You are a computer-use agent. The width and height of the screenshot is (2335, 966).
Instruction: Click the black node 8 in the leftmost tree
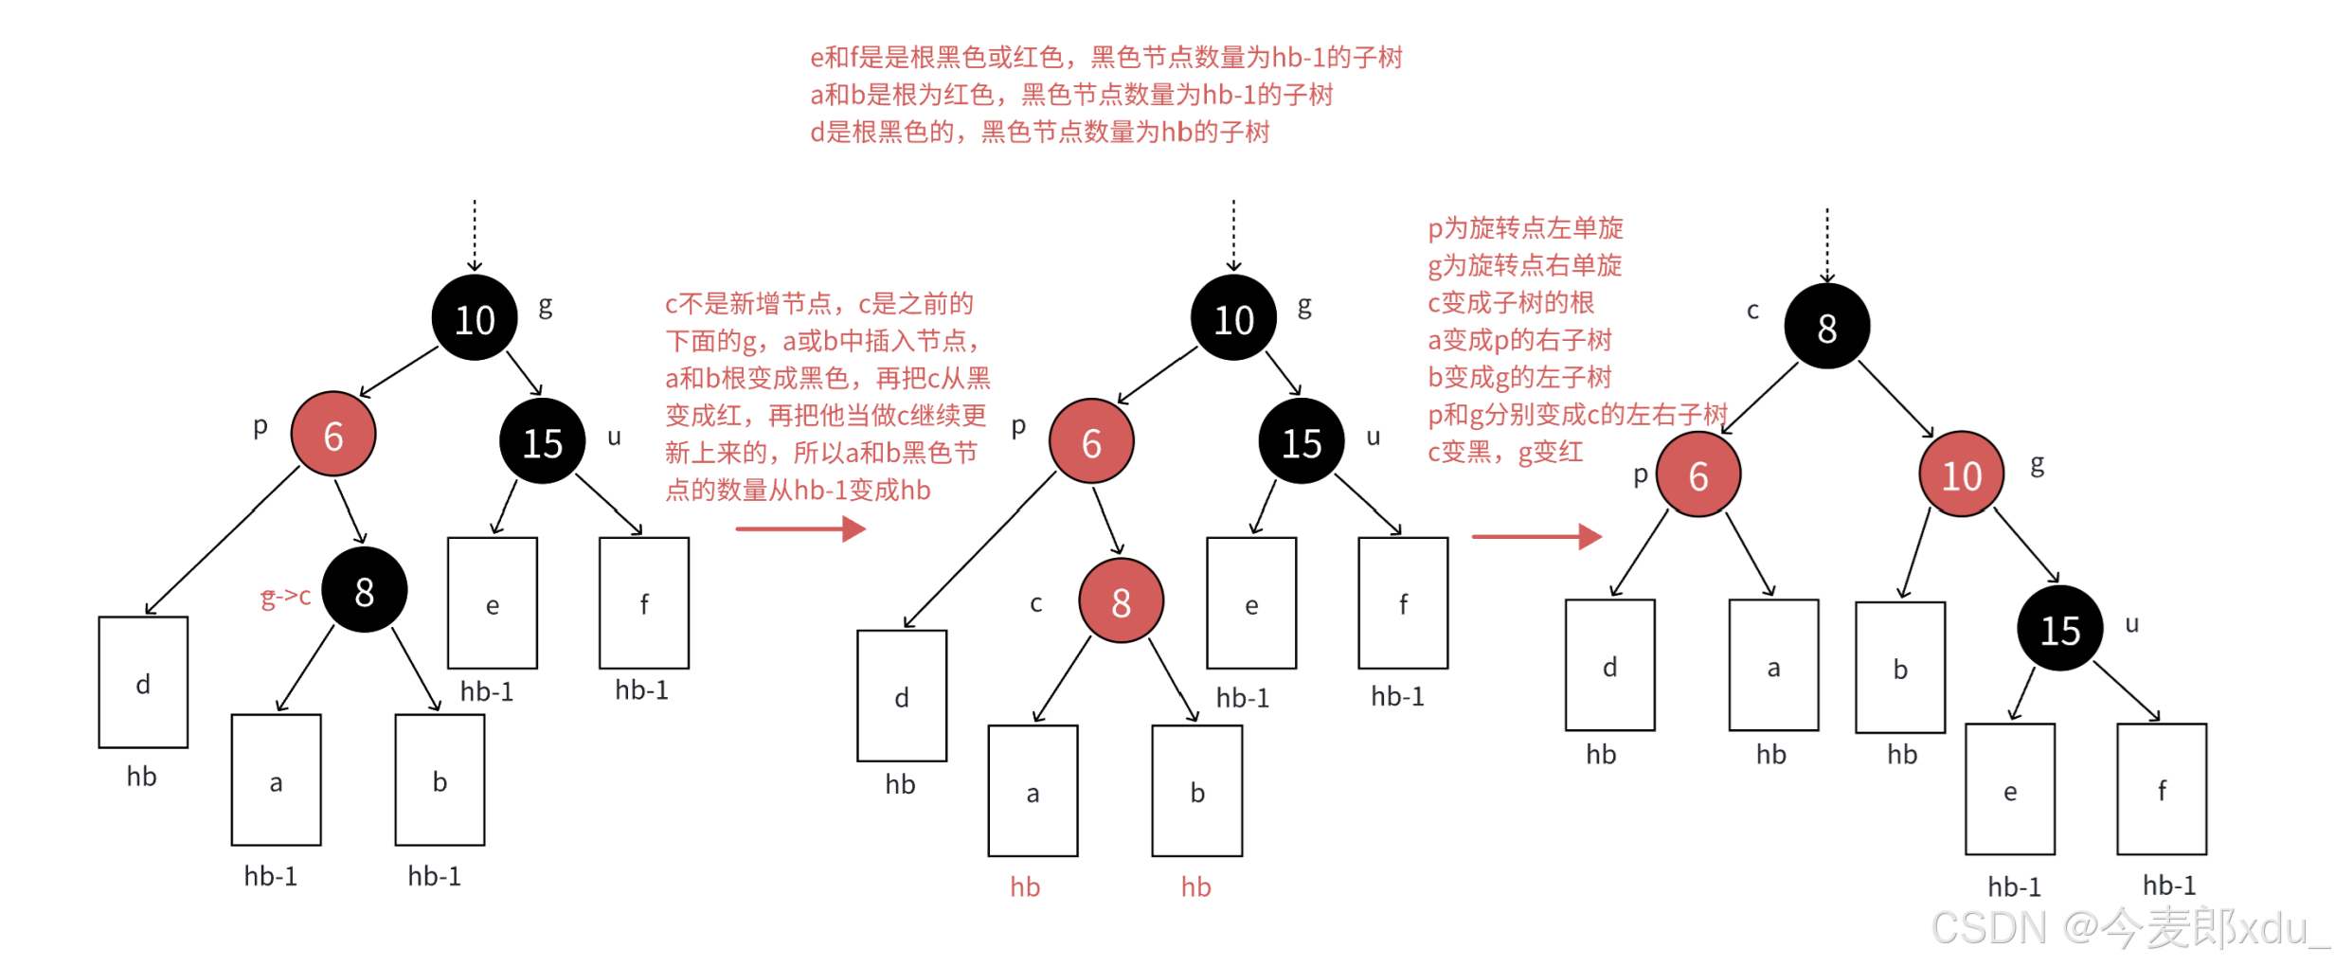tap(364, 590)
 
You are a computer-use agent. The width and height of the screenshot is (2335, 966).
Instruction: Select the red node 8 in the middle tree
tap(1121, 600)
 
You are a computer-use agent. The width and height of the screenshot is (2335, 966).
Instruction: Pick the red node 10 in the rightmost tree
tap(1961, 474)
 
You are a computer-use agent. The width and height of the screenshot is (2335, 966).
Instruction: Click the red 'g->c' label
tap(285, 596)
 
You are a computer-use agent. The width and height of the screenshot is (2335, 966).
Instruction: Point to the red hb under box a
tap(1024, 886)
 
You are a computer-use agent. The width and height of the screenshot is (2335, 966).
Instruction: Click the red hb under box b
tap(1195, 886)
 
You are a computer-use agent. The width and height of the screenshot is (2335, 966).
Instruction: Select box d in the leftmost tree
tap(143, 682)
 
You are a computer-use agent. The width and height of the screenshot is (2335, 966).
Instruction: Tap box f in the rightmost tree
tap(2161, 789)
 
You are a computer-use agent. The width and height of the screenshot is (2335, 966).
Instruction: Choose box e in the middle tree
tap(1250, 603)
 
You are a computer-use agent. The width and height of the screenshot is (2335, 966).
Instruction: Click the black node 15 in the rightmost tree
tap(2059, 629)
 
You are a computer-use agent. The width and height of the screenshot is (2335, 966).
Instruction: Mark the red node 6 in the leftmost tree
tap(332, 435)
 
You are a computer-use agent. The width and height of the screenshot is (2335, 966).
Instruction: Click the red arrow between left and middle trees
tap(799, 528)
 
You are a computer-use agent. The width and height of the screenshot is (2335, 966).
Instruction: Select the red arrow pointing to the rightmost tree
tap(1536, 536)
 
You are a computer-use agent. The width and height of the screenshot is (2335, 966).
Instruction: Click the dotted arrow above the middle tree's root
tap(1232, 235)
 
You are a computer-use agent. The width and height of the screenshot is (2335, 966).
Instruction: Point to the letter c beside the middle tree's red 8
tap(1035, 603)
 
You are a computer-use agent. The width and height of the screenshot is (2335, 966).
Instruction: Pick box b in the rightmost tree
tap(1899, 667)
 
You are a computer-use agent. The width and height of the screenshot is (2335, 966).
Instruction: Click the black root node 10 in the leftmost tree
tap(475, 318)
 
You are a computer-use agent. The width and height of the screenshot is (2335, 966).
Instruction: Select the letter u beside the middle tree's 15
tap(1373, 437)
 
